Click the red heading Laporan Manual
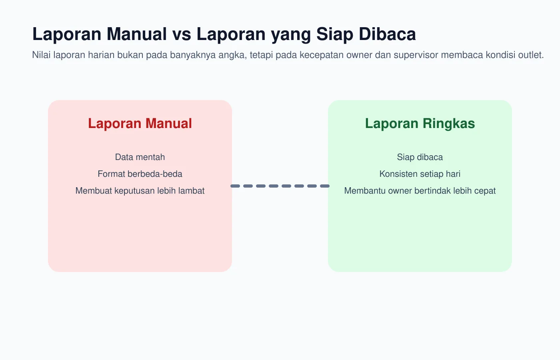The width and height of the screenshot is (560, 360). [140, 124]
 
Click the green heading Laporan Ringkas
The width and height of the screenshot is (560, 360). [420, 124]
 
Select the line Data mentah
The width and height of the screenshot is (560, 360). [140, 157]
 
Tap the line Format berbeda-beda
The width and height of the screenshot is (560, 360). [140, 174]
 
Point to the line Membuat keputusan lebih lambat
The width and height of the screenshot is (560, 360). [140, 191]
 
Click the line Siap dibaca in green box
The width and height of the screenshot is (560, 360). [420, 157]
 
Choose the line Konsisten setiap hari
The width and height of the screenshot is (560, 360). [420, 174]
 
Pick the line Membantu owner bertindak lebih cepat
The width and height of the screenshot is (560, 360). [420, 191]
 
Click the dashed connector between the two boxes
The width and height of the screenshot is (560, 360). [280, 186]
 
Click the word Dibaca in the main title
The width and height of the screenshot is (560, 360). [387, 34]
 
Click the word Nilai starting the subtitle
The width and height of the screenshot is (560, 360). [41, 55]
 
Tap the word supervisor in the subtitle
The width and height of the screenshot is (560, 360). [416, 55]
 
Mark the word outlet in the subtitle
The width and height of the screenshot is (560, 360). [531, 55]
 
